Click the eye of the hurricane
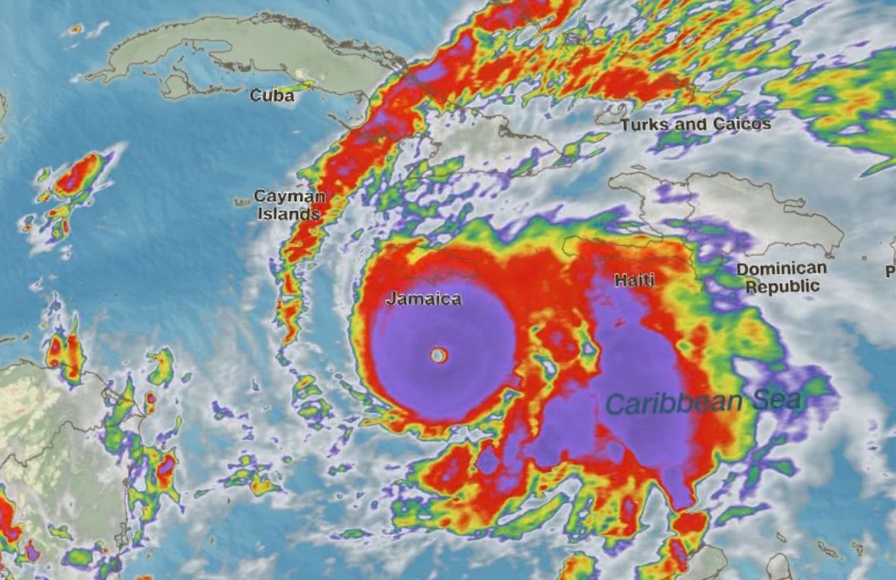point(438,355)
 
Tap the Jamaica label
point(424,298)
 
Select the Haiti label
point(634,280)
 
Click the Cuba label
point(272,95)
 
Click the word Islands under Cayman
point(289,213)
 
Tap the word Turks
point(642,125)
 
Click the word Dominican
point(781,269)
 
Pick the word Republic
point(783,286)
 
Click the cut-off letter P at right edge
point(890,271)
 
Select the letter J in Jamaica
point(390,298)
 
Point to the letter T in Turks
point(625,125)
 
